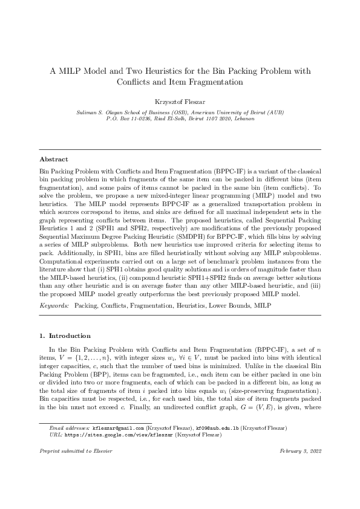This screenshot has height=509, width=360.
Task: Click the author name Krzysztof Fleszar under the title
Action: (180, 102)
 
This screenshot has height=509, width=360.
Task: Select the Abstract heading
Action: (54, 159)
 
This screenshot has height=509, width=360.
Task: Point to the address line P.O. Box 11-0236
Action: (132, 119)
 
